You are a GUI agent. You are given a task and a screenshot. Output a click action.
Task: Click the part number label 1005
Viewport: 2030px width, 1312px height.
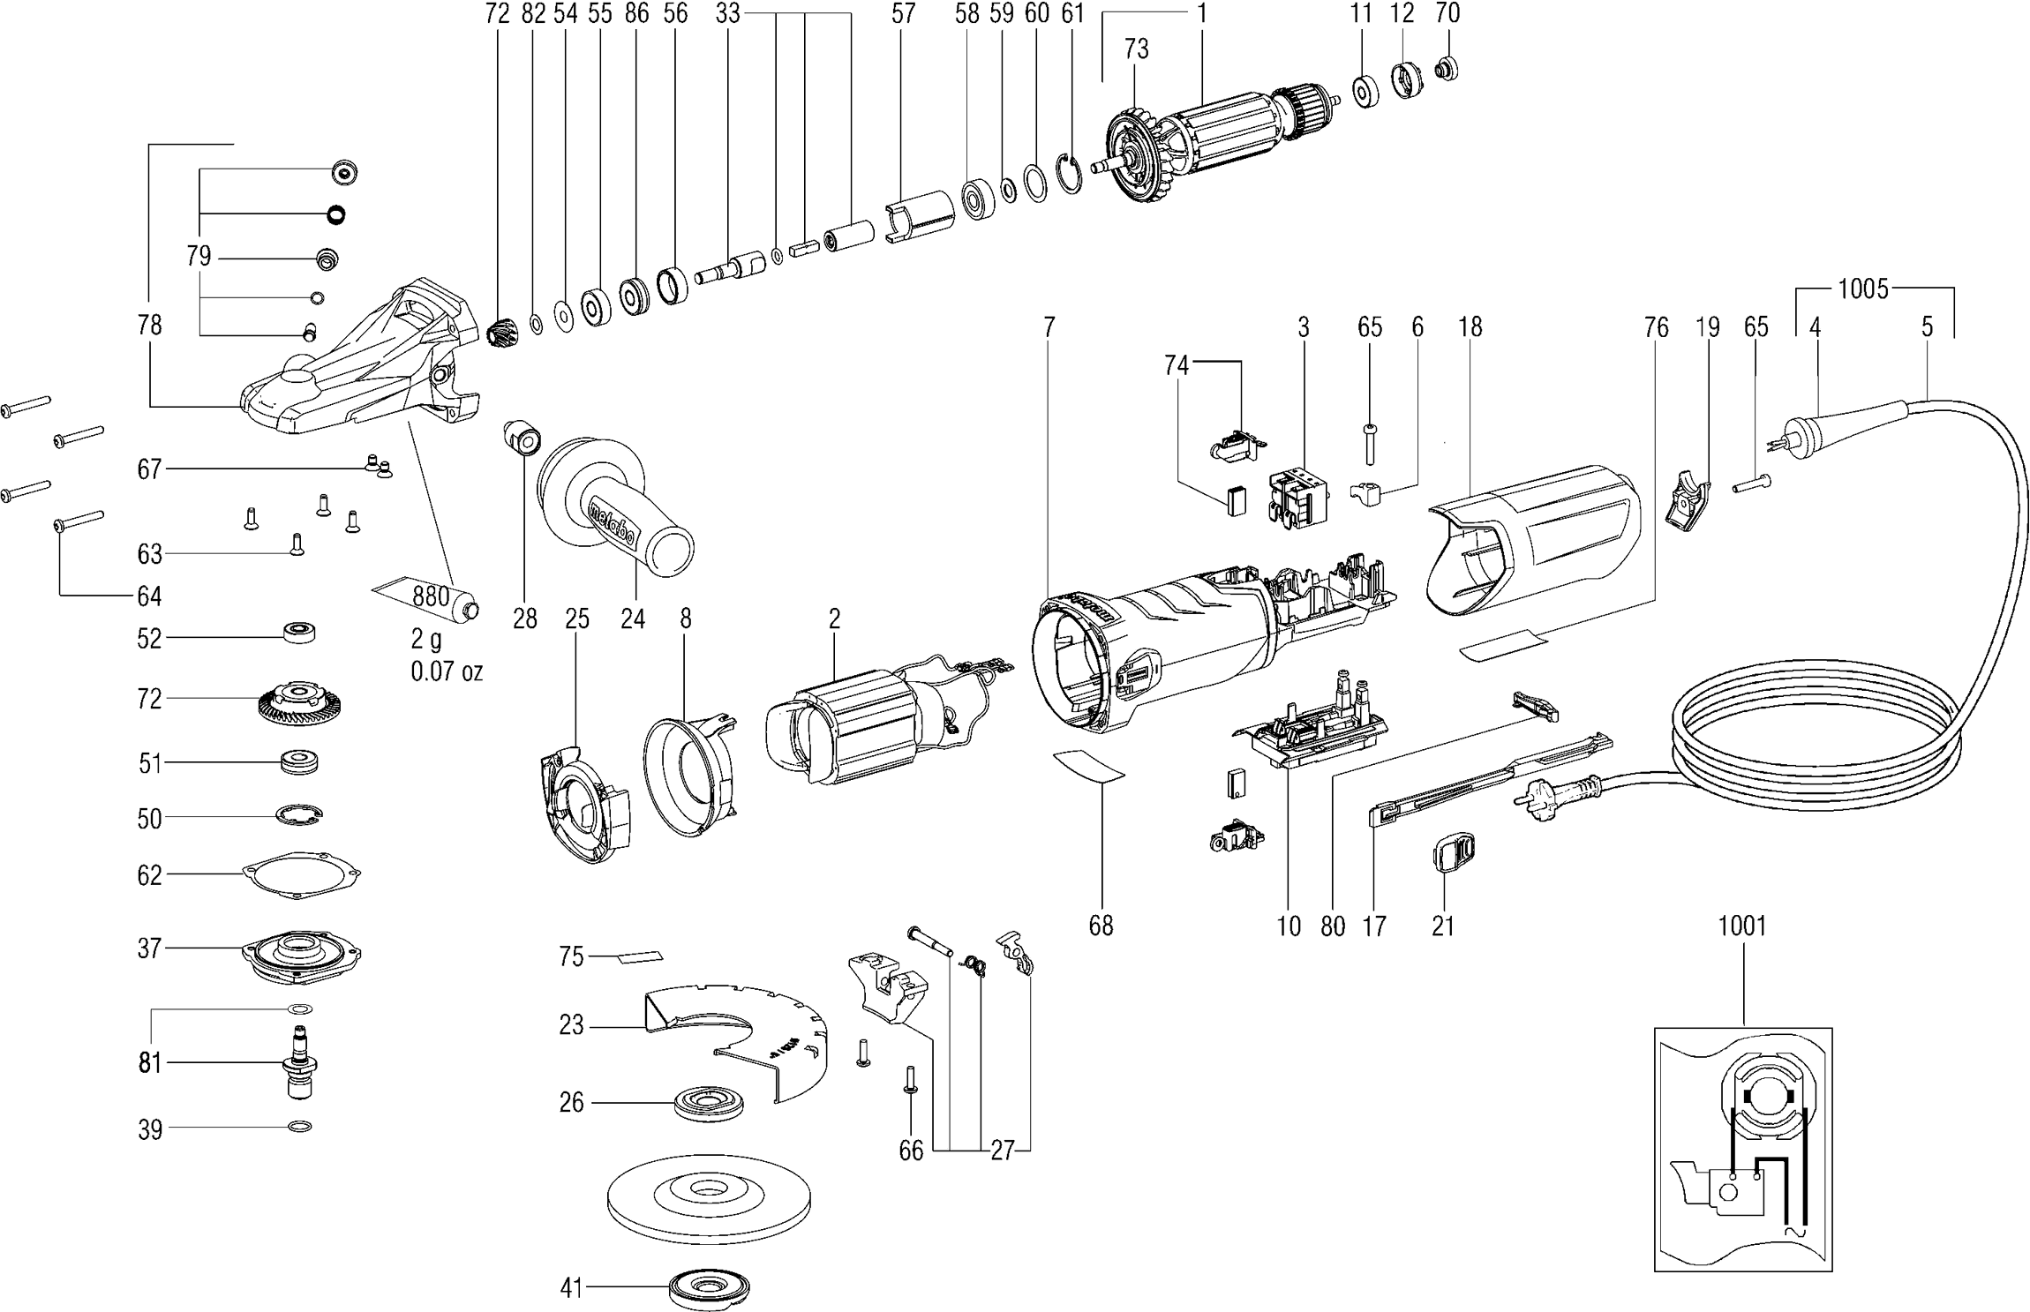[x=1862, y=289]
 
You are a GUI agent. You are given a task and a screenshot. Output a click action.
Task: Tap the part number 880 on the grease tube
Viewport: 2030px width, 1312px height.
[x=432, y=596]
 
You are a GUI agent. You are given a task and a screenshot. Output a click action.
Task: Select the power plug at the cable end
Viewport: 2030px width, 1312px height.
[x=1553, y=794]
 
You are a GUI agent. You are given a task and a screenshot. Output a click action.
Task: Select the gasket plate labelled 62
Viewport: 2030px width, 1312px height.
[x=301, y=874]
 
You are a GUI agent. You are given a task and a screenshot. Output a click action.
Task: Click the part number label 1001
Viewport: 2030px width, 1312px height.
[x=1742, y=926]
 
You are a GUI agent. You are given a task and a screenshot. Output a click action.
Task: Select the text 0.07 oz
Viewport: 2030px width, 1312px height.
[x=447, y=672]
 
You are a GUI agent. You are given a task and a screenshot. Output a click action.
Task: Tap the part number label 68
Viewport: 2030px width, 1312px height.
[x=1101, y=926]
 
